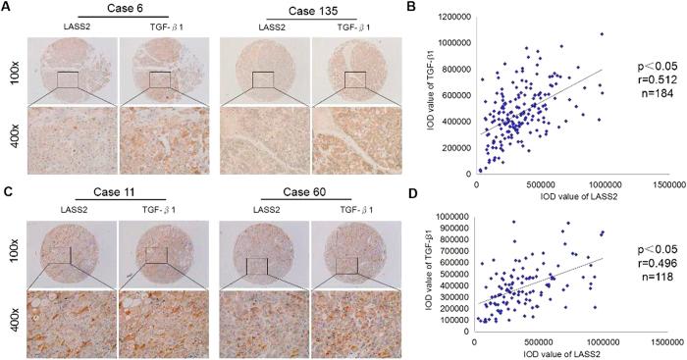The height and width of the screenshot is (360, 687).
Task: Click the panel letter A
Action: click(8, 8)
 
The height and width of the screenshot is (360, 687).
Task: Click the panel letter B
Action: click(428, 8)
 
